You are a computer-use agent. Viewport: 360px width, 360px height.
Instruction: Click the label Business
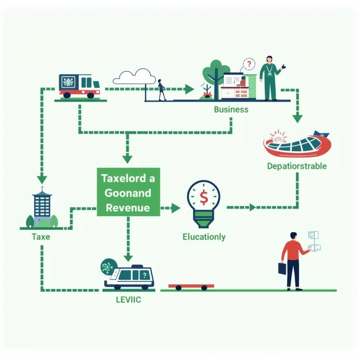coord(231,109)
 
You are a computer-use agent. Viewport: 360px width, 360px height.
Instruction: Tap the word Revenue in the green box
coord(128,207)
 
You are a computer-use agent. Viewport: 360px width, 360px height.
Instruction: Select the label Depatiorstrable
coord(297,166)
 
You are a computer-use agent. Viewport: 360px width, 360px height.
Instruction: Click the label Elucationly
coord(204,237)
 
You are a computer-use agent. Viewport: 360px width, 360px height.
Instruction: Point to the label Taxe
coord(41,237)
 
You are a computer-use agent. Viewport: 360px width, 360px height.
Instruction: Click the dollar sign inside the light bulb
coord(204,198)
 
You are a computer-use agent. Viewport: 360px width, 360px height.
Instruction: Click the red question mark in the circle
coord(249,64)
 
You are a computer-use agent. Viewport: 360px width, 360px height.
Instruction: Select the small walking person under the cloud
coord(161,90)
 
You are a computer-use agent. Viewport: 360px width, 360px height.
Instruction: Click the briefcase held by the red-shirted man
coord(282,268)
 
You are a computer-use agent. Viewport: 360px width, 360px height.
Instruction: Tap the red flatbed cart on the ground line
coord(191,287)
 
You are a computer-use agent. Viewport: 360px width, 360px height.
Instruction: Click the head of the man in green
coord(269,59)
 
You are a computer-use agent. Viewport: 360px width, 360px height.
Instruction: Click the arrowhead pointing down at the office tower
coord(42,180)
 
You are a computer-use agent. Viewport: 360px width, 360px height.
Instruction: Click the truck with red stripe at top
coord(79,86)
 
